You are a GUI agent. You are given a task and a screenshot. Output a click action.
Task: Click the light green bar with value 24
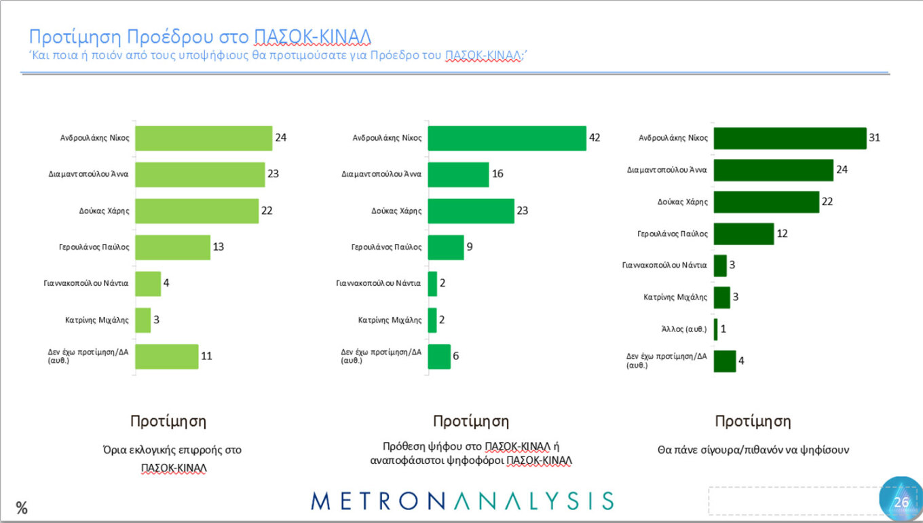tap(204, 138)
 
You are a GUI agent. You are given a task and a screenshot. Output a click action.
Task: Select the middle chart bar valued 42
tap(507, 138)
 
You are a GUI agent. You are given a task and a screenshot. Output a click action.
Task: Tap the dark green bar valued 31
tap(790, 138)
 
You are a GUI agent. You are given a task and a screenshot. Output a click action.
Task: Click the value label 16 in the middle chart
tap(497, 175)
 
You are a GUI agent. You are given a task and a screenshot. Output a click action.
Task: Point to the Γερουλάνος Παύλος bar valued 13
tap(173, 247)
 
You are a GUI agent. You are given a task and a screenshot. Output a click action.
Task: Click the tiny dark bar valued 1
tap(715, 329)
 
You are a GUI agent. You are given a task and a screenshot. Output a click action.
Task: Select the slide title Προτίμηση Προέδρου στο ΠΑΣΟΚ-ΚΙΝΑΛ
tap(200, 37)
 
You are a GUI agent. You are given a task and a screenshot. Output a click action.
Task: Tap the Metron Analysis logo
tap(462, 501)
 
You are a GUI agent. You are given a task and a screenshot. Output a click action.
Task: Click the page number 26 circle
tap(901, 502)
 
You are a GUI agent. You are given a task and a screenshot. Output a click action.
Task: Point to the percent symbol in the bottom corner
tap(22, 507)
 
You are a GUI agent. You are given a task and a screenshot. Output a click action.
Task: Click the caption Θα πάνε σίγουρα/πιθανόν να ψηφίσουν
tap(753, 450)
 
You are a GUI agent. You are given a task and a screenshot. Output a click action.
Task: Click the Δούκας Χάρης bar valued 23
tap(471, 211)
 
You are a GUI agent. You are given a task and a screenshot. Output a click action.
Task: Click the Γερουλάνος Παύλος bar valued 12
tap(744, 234)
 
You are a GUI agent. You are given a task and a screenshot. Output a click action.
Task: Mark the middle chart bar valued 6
tap(439, 357)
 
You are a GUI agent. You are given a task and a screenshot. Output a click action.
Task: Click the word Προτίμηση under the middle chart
tap(470, 421)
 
